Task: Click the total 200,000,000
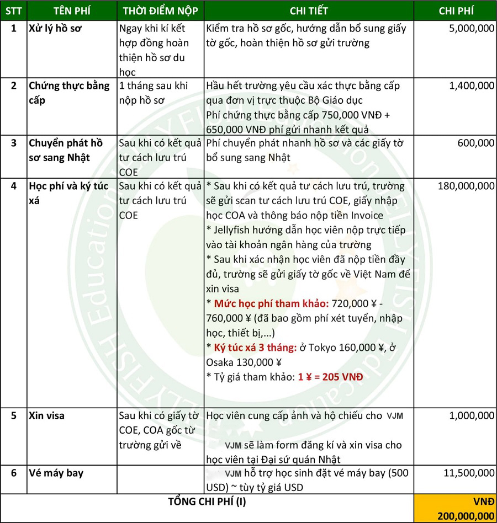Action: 464,516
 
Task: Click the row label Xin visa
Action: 47,416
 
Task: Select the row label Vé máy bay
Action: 56,473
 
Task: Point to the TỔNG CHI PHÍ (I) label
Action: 207,501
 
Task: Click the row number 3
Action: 13,143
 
